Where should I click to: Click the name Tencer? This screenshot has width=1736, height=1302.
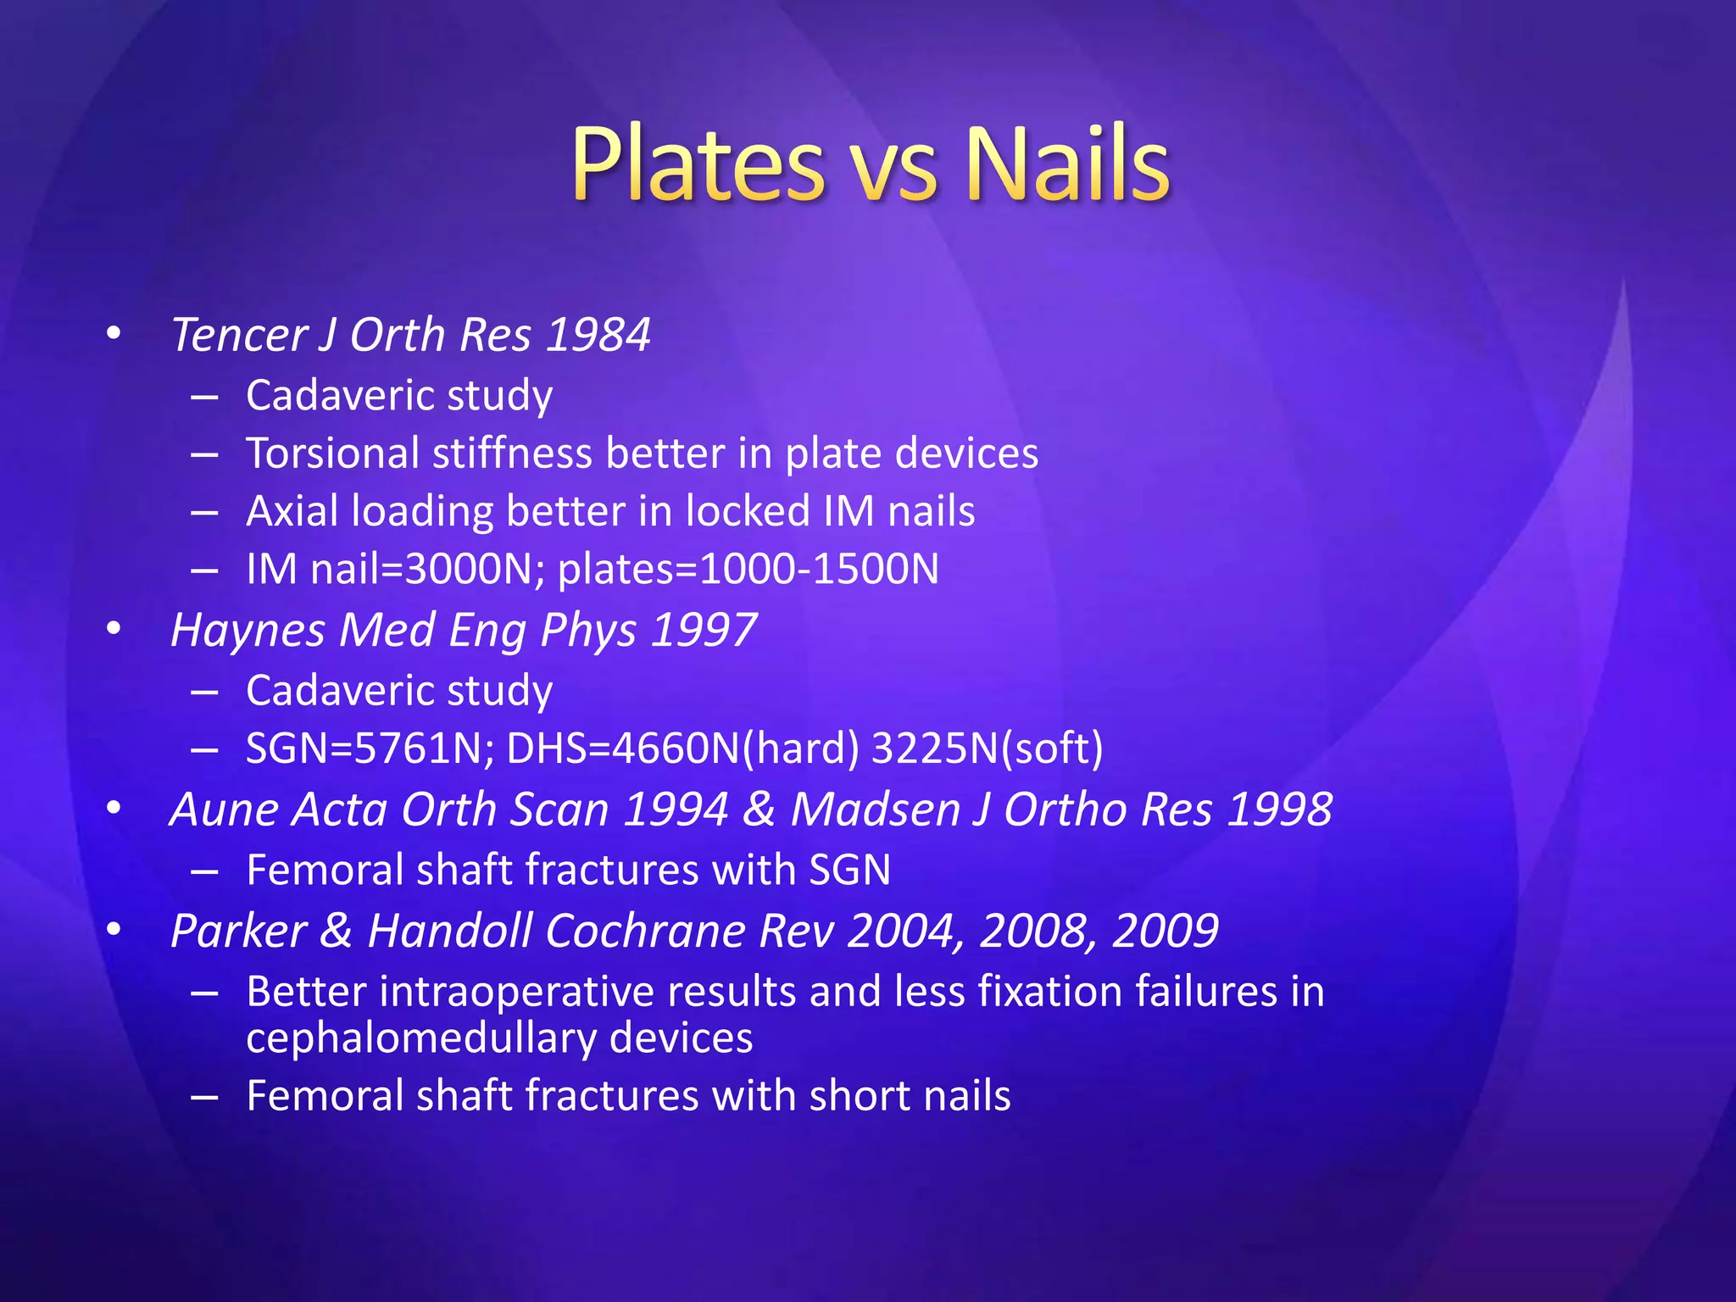pyautogui.click(x=238, y=335)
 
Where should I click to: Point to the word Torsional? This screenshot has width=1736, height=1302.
pyautogui.click(x=334, y=453)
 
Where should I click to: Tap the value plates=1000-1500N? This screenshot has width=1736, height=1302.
pyautogui.click(x=748, y=569)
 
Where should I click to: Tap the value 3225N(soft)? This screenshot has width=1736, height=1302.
pyautogui.click(x=987, y=748)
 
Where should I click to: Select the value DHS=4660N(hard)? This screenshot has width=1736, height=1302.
pyautogui.click(x=682, y=748)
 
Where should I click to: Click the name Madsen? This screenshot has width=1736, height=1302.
pyautogui.click(x=878, y=810)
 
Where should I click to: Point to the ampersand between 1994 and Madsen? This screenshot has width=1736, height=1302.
pyautogui.click(x=759, y=810)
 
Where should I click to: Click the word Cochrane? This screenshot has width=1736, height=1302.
pyautogui.click(x=645, y=932)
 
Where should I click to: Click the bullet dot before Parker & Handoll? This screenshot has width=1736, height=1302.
pyautogui.click(x=114, y=930)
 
